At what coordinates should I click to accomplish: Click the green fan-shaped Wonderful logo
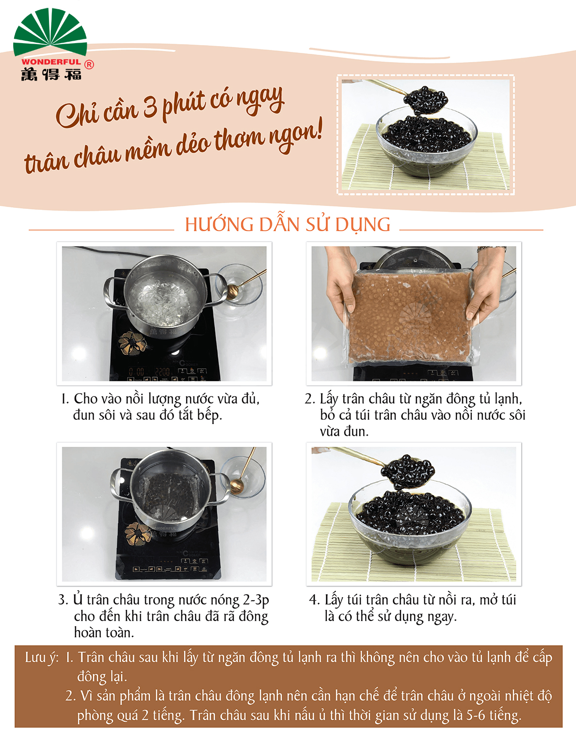tap(50, 32)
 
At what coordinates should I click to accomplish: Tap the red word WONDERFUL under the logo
tap(51, 62)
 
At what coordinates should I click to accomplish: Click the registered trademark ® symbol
tap(89, 64)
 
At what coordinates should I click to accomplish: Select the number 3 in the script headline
tap(150, 106)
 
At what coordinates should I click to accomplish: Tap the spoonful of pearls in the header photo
tap(426, 100)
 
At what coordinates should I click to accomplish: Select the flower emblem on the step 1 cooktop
tap(132, 343)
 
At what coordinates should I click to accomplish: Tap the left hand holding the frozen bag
tap(340, 283)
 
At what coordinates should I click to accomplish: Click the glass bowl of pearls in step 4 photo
tap(410, 521)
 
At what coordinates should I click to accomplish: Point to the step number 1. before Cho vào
tap(65, 399)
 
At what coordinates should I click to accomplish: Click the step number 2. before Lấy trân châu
tap(310, 399)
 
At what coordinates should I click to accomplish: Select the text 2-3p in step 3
tap(256, 600)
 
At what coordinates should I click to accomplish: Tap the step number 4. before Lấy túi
tap(314, 600)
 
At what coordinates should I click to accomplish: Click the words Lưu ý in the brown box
tap(42, 658)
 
